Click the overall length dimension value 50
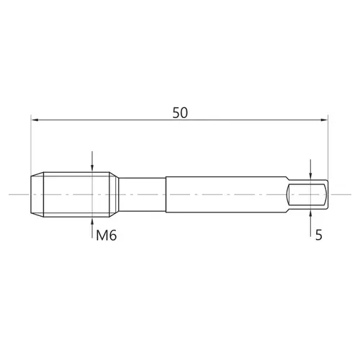180,113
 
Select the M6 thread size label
107,235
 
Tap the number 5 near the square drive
318,235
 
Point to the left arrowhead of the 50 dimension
35,120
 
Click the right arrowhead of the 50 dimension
324,120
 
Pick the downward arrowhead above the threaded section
92,168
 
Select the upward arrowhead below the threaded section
92,221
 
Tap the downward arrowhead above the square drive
310,176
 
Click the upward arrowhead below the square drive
310,213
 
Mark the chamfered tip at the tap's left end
37,194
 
